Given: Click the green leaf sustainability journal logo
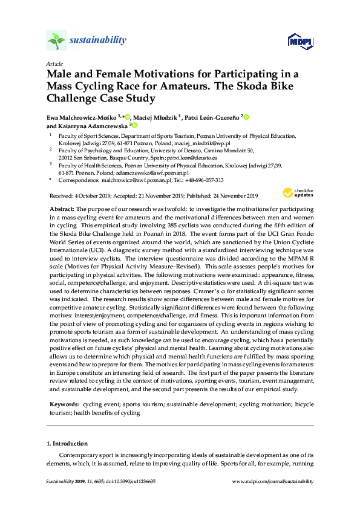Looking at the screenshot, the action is [x=57, y=41].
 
